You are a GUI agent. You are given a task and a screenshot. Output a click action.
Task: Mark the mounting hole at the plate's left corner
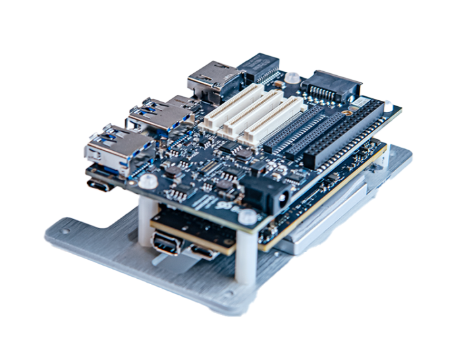click(64, 231)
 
